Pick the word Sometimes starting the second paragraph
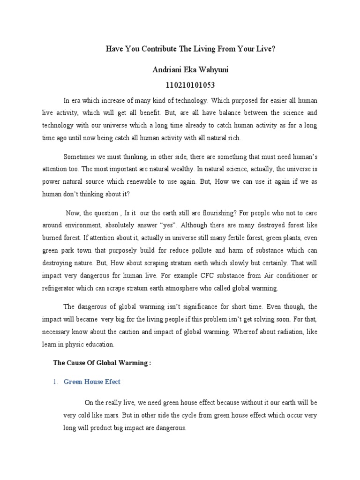[x=79, y=156]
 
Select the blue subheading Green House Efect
[x=92, y=382]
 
